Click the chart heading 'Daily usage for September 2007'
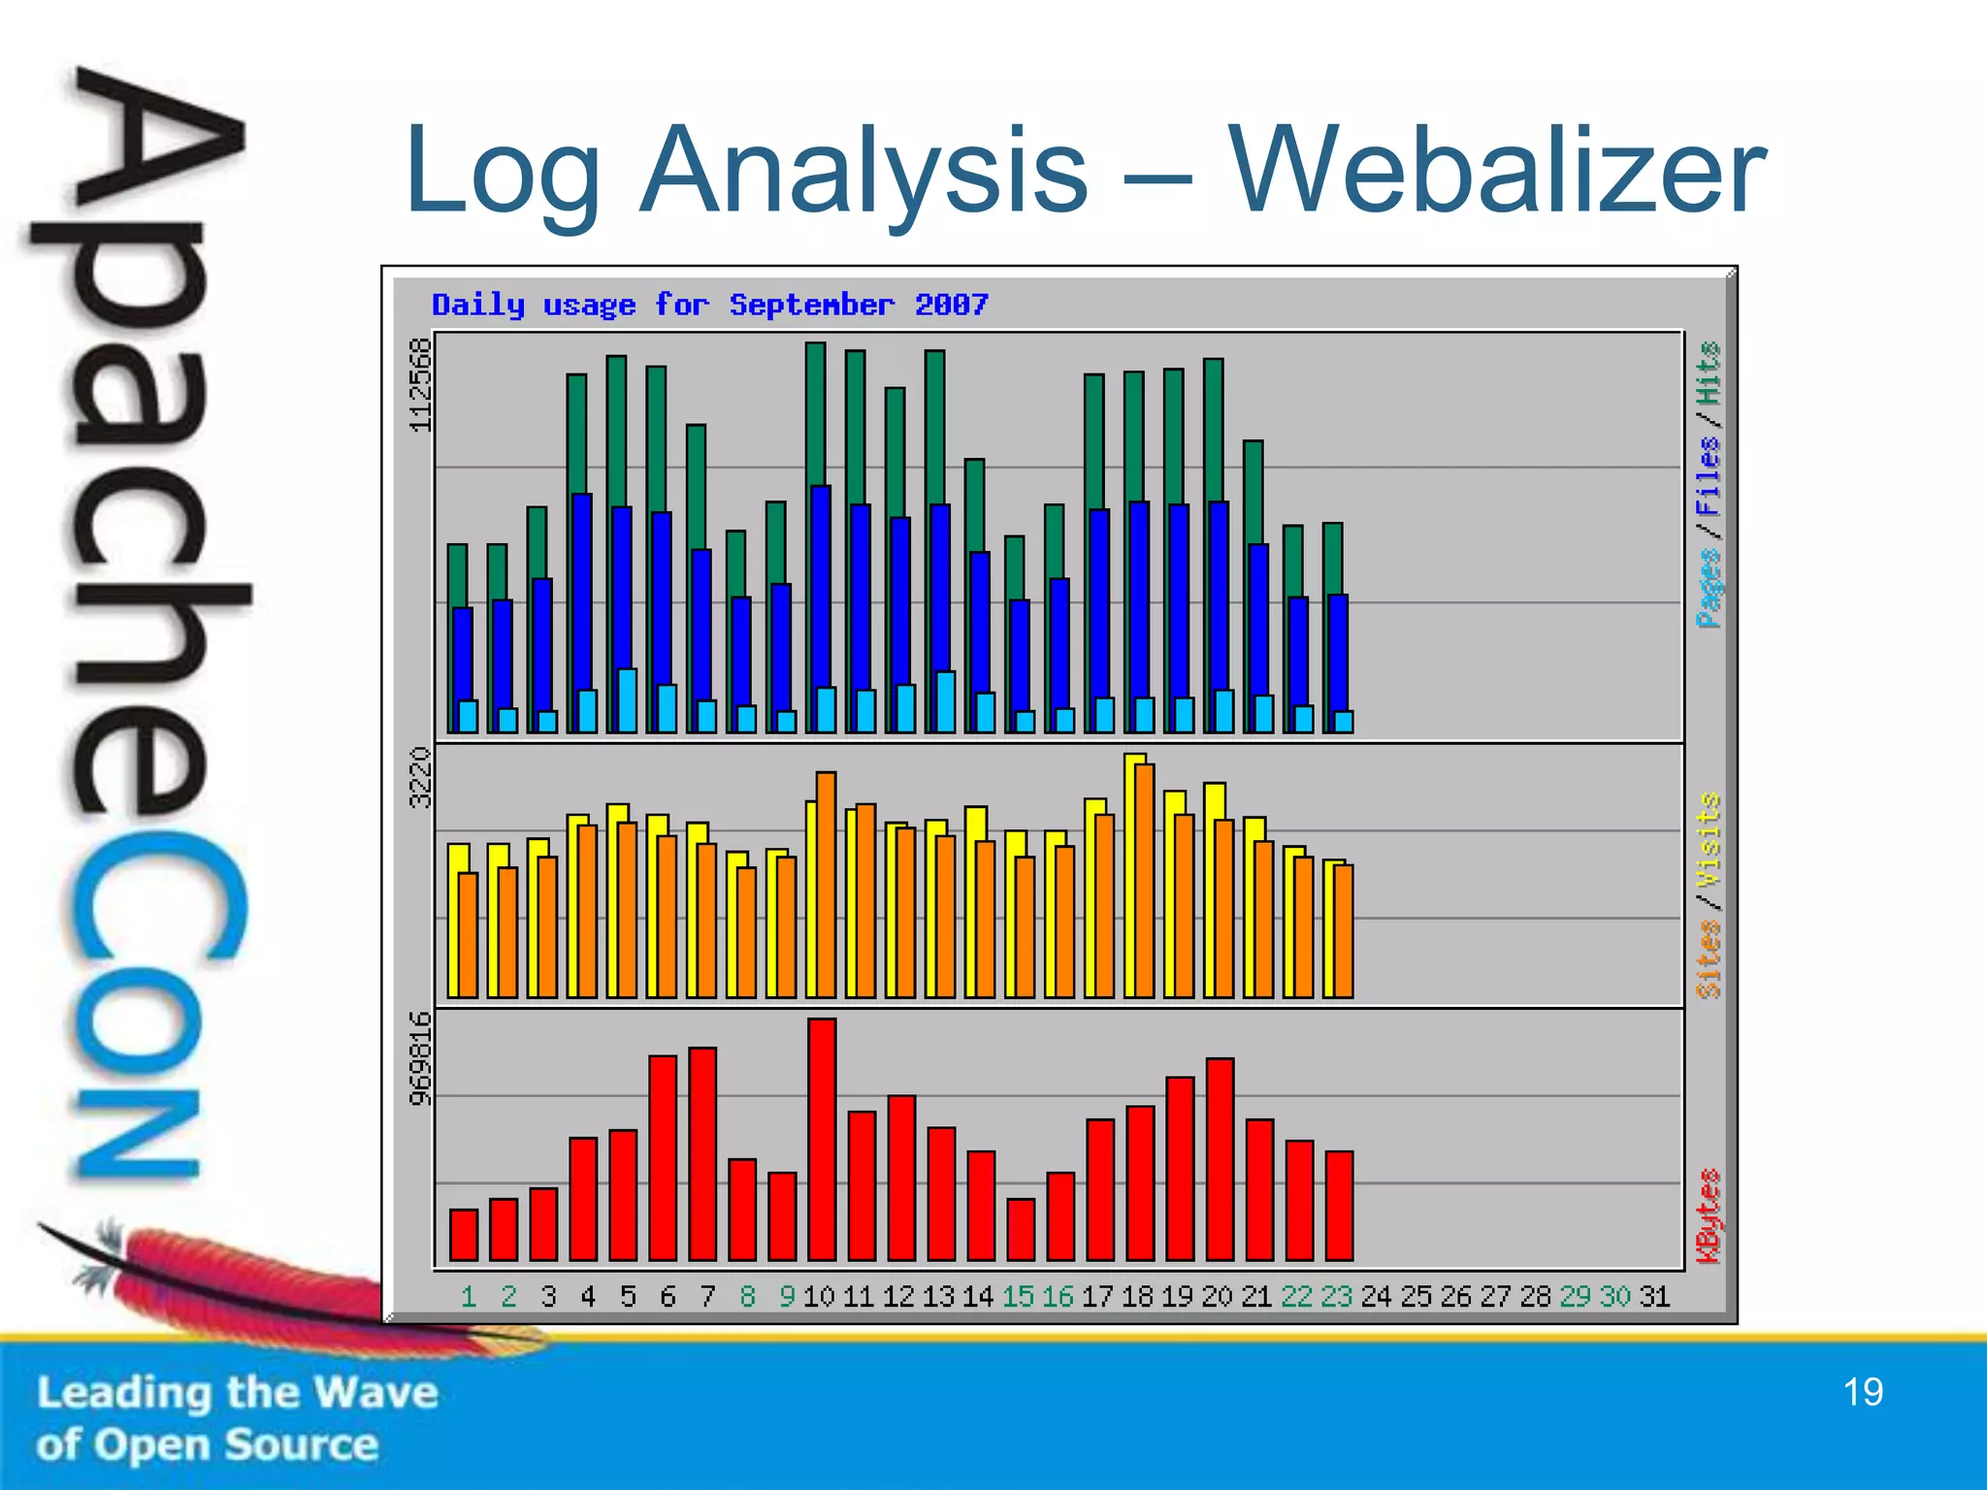(x=709, y=305)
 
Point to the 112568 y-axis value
(x=419, y=385)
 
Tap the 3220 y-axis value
(x=419, y=777)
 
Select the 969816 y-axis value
(x=419, y=1058)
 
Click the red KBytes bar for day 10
(x=821, y=1140)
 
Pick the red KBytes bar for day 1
(x=464, y=1234)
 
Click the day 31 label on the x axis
(x=1654, y=1296)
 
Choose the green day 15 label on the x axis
(x=1018, y=1296)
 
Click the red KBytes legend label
(x=1708, y=1216)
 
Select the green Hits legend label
(x=1708, y=373)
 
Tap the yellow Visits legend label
(x=1708, y=839)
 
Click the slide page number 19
(x=1862, y=1392)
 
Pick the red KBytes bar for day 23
(x=1339, y=1206)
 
